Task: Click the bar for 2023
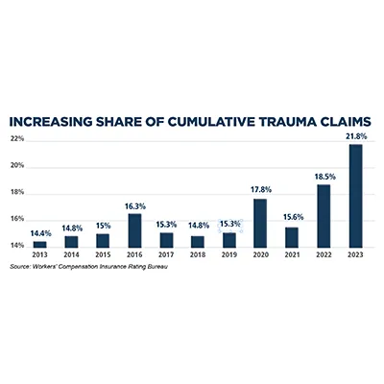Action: point(355,197)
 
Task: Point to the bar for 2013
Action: point(39,244)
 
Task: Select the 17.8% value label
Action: point(260,190)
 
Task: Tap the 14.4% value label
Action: point(39,233)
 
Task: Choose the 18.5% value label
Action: point(324,177)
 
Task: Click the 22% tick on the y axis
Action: point(17,139)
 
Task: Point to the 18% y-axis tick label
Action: point(17,193)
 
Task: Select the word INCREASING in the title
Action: point(60,122)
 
